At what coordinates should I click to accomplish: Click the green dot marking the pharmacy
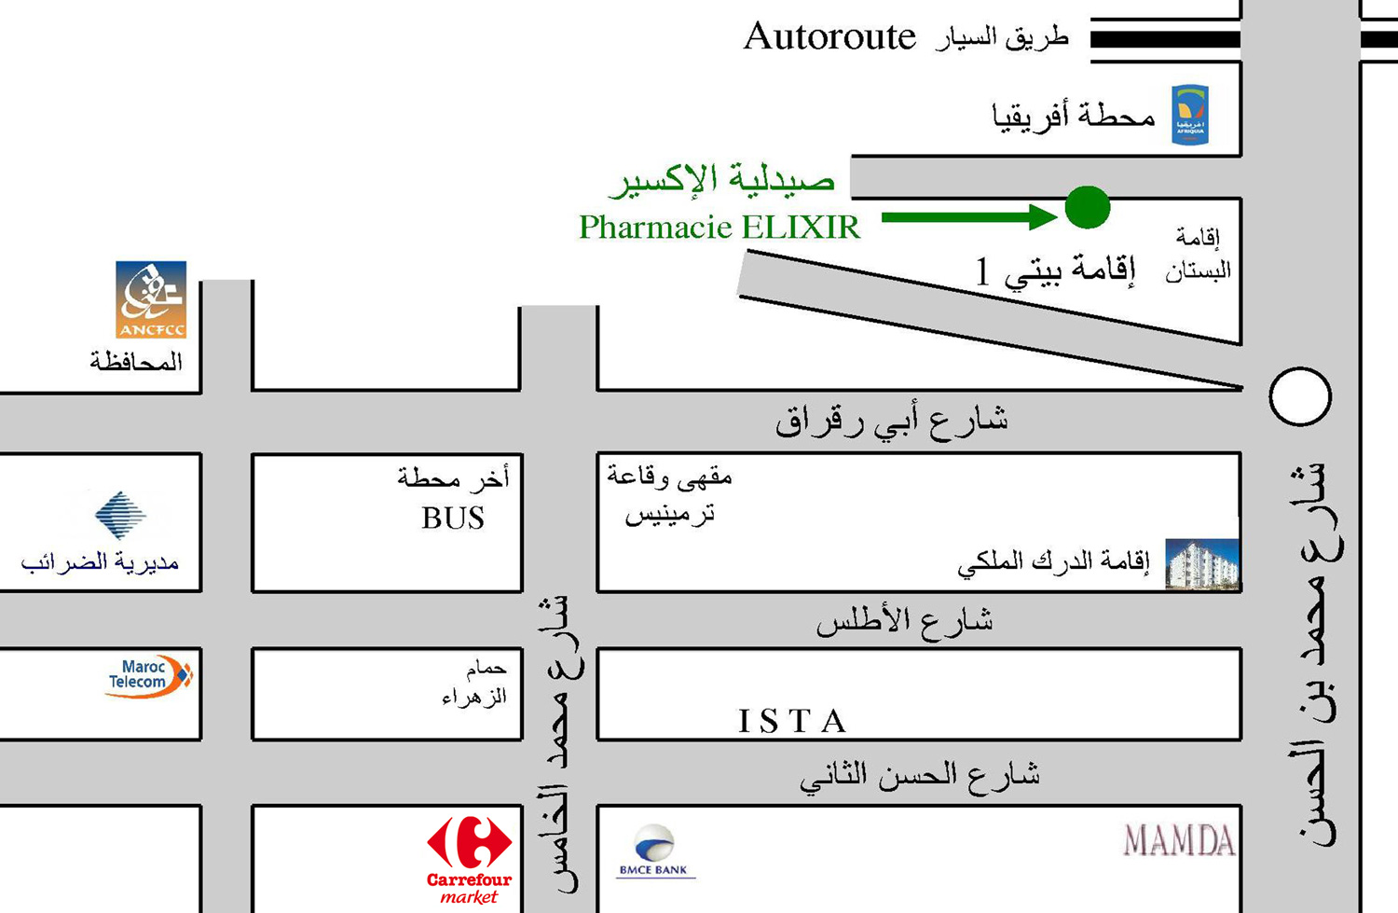point(1087,207)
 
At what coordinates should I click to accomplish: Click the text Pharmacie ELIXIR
point(720,228)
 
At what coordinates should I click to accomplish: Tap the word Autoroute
point(829,37)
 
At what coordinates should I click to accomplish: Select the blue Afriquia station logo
point(1190,115)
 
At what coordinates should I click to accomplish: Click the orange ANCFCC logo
point(151,299)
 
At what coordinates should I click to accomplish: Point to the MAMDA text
point(1179,840)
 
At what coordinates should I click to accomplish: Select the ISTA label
point(792,721)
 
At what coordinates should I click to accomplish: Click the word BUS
point(453,519)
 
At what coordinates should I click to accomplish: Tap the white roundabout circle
point(1300,396)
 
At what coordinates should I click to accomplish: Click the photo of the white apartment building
point(1202,563)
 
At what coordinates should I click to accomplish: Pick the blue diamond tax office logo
point(120,514)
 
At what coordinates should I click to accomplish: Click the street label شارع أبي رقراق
point(891,421)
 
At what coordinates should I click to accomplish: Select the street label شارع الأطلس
point(904,622)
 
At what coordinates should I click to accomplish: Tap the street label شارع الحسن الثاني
point(919,776)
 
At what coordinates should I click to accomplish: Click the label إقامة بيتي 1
point(1055,270)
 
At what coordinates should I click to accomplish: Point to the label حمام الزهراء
point(475,683)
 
